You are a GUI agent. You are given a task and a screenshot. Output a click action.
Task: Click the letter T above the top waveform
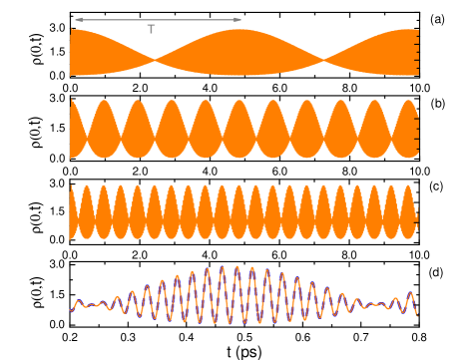[151, 30]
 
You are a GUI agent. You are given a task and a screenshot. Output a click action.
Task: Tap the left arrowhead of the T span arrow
[76, 19]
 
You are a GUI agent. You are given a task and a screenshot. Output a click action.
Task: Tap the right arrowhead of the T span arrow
[238, 19]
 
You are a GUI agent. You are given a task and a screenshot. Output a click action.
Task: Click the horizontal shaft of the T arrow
[158, 19]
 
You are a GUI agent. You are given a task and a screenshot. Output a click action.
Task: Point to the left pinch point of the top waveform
[155, 62]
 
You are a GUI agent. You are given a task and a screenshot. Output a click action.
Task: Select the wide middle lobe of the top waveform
[238, 52]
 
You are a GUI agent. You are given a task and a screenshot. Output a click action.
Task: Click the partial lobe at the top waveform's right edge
[394, 52]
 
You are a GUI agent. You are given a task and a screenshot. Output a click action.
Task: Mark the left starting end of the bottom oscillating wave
[71, 310]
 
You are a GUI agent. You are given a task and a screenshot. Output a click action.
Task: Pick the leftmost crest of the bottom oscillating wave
[76, 300]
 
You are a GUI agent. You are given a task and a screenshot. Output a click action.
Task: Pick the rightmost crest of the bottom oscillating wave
[410, 292]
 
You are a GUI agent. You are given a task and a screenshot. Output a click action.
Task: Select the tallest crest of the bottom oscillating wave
[236, 266]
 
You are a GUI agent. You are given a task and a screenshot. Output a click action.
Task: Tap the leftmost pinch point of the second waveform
[88, 129]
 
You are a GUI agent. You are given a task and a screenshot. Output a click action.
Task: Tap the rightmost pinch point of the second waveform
[396, 129]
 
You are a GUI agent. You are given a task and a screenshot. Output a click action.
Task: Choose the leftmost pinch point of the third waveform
[79, 210]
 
